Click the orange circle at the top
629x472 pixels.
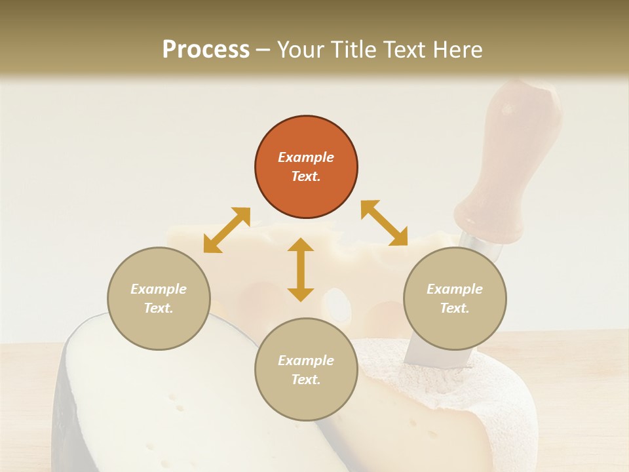coord(306,167)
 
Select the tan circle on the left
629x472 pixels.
coord(159,298)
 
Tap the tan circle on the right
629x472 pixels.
coord(455,298)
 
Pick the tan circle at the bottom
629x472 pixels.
coord(306,370)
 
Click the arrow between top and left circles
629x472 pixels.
coord(227,230)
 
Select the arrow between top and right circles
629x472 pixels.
coord(385,223)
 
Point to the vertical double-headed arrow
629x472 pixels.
coord(301,270)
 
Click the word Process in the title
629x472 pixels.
coord(206,50)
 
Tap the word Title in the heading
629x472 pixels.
coord(357,50)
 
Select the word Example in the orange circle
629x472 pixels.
coord(306,157)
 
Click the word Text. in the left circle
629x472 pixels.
coord(159,308)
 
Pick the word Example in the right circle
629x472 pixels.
coord(455,289)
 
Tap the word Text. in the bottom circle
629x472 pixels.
coord(306,380)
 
